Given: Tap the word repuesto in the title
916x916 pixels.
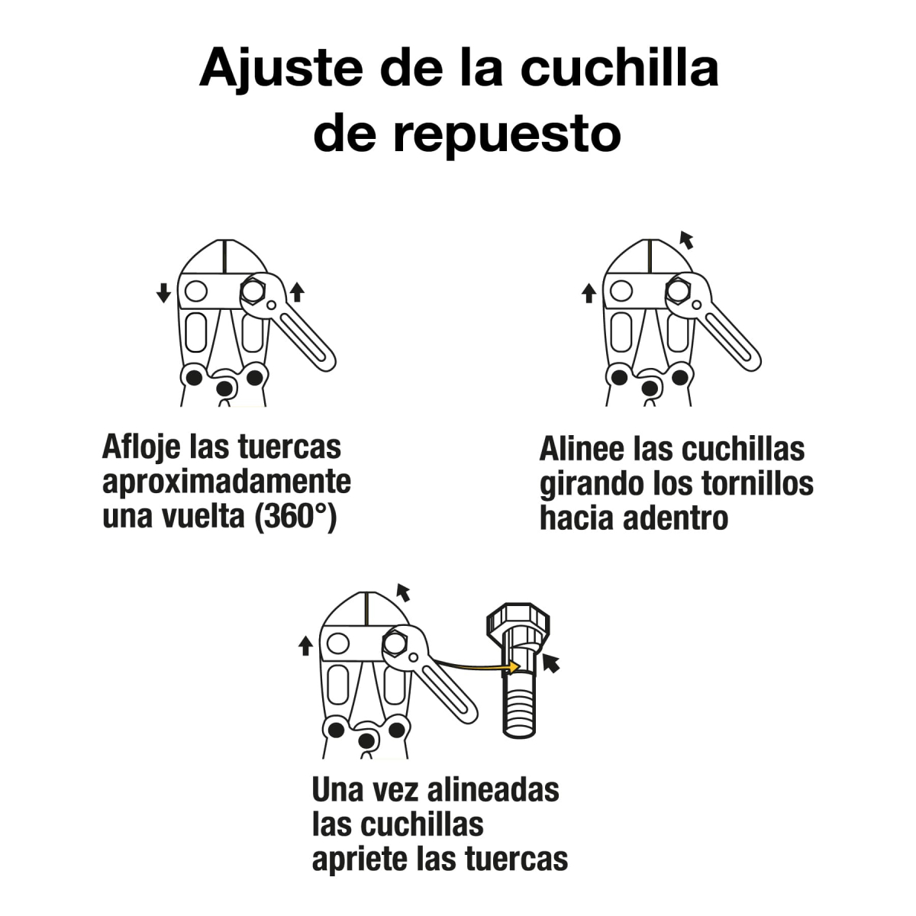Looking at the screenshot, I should (x=507, y=134).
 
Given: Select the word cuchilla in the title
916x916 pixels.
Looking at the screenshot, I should (x=620, y=69).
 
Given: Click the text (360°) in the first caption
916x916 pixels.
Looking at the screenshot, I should (x=297, y=517).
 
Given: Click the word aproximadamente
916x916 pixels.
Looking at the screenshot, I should (x=227, y=482).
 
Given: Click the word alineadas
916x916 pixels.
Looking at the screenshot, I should (x=492, y=789).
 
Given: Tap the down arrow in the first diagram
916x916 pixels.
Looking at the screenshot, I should (x=163, y=292).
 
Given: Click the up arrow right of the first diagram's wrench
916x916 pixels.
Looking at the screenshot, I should (x=297, y=292).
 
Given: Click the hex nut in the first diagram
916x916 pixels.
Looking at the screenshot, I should (x=252, y=291).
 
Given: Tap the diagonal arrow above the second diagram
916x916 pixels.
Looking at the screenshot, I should (x=686, y=240).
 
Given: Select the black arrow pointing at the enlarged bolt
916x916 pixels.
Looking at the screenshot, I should (x=550, y=663).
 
